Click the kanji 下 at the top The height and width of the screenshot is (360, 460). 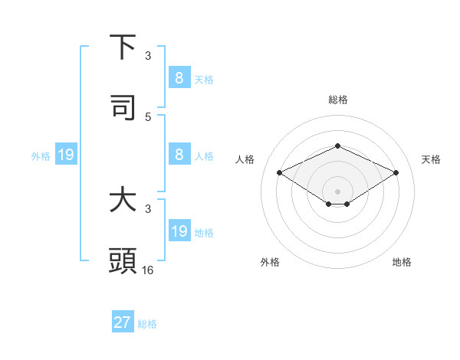[123, 47]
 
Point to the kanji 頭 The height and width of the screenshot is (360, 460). [123, 261]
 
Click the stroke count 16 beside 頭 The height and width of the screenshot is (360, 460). [148, 270]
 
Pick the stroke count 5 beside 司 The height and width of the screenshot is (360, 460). [148, 116]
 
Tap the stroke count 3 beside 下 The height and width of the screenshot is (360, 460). [148, 56]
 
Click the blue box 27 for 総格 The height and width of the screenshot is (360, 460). [123, 322]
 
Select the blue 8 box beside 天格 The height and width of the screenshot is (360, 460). [179, 77]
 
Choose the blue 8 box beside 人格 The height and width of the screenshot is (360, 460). [179, 154]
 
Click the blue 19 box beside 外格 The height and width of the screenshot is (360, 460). [65, 155]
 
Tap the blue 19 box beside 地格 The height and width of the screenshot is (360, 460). [179, 231]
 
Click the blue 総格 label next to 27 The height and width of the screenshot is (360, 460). [147, 324]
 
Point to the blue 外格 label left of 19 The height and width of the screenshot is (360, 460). [41, 155]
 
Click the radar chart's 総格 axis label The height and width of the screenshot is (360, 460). [337, 100]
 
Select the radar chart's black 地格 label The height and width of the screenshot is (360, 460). [402, 262]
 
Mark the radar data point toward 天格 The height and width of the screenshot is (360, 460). [396, 173]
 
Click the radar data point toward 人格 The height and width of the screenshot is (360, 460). [280, 173]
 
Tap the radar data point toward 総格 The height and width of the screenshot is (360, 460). [337, 146]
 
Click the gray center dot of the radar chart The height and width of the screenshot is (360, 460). [337, 191]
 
